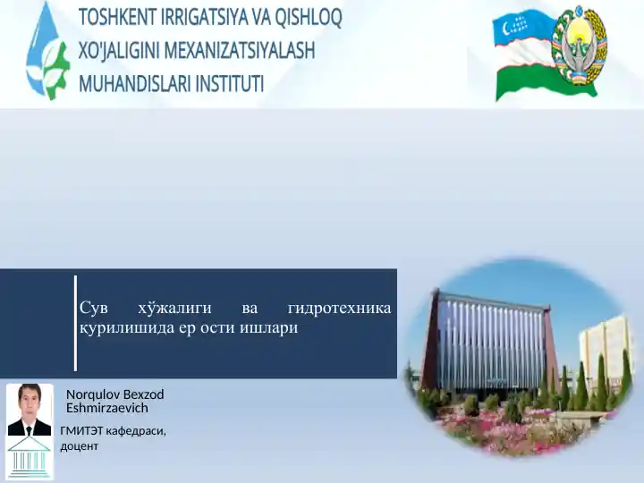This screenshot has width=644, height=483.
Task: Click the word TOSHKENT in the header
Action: pos(116,17)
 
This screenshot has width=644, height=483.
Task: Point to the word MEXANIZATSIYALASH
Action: pos(240,50)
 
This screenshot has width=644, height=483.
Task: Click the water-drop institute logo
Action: pos(47,51)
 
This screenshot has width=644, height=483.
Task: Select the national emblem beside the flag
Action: pos(579,46)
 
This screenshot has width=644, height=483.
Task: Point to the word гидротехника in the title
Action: pos(340,308)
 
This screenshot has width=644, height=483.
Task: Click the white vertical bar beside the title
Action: pos(75,323)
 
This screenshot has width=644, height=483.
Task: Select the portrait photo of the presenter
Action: pos(30,410)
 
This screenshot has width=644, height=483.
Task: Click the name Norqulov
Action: pos(93,394)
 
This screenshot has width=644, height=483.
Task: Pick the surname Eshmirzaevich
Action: pos(107,408)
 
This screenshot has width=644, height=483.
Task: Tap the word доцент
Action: pos(80,446)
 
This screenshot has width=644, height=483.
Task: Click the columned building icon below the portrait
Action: pos(30,458)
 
